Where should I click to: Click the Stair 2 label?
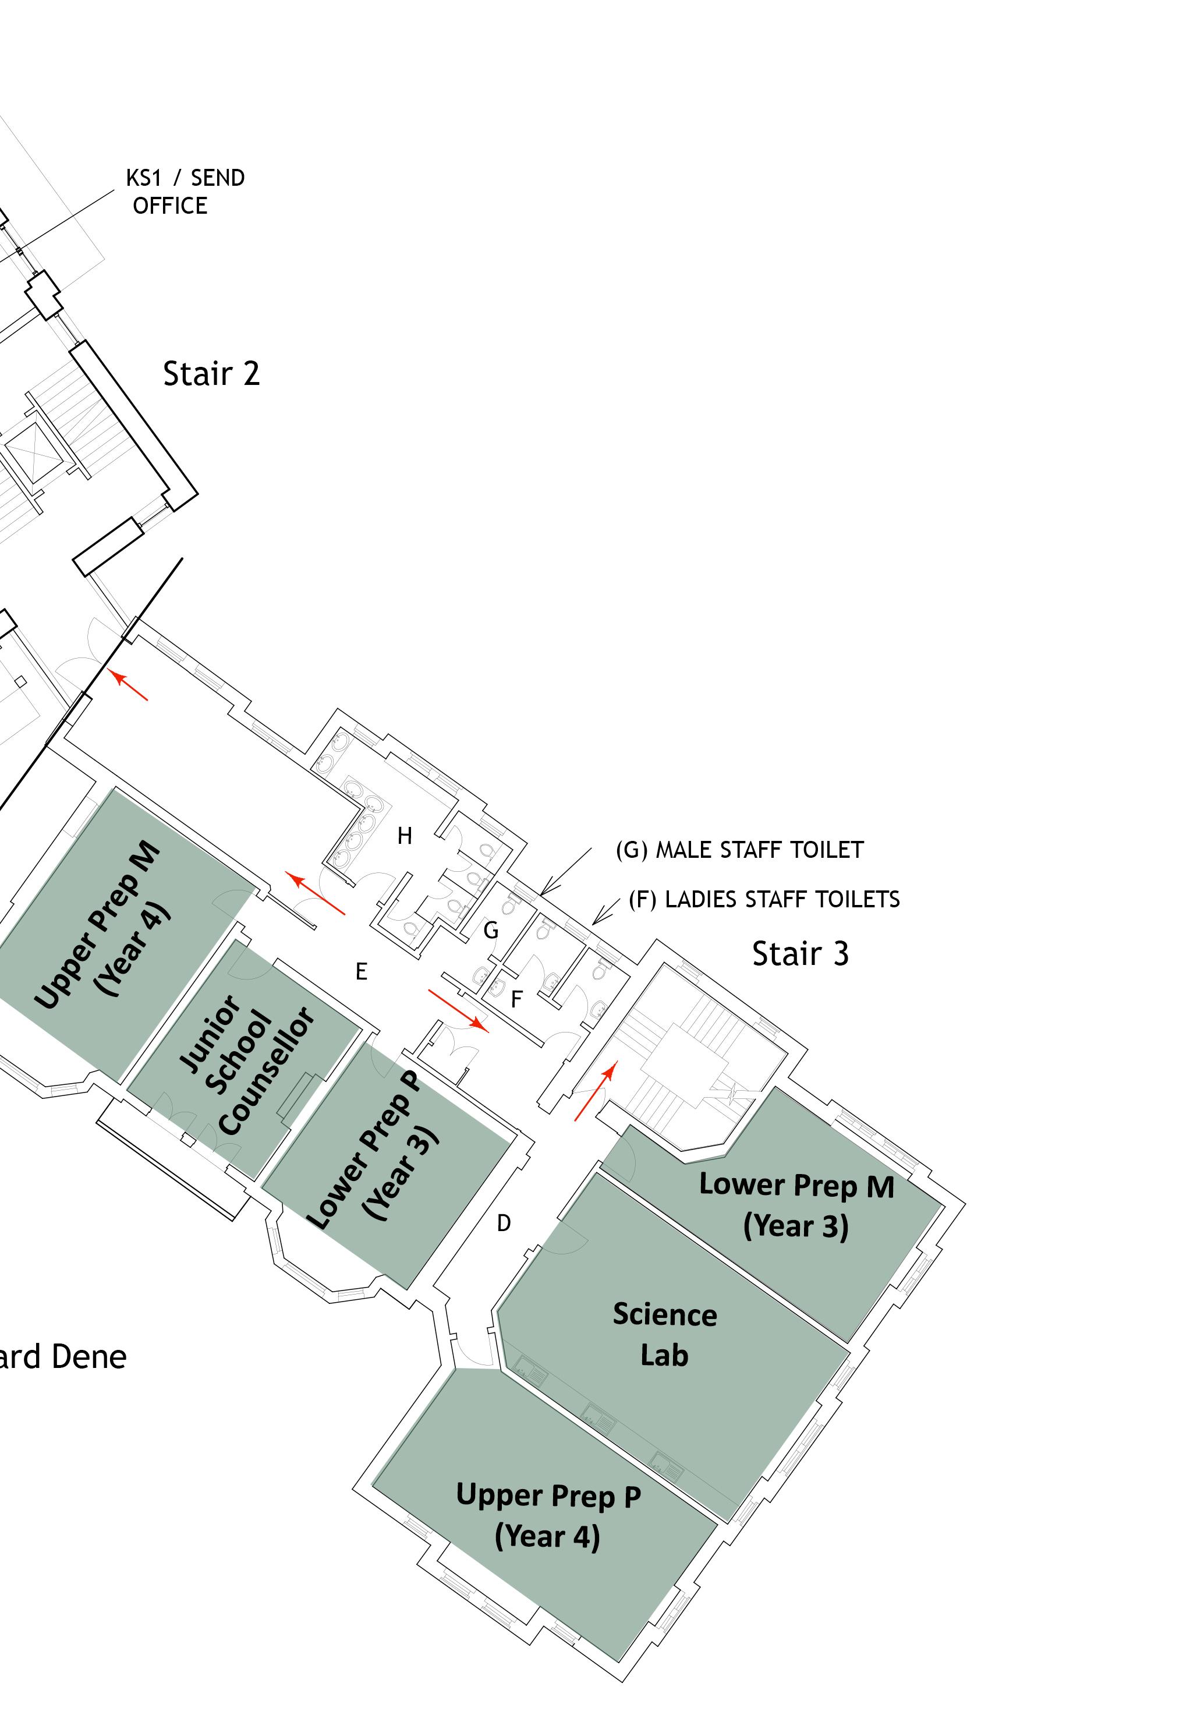pyautogui.click(x=211, y=373)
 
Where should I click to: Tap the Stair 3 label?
pyautogui.click(x=800, y=954)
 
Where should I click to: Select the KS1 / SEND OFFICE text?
pyautogui.click(x=185, y=192)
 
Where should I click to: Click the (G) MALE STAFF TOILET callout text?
pyautogui.click(x=739, y=850)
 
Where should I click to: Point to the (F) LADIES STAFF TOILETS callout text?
pyautogui.click(x=764, y=899)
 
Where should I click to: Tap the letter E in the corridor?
pyautogui.click(x=362, y=972)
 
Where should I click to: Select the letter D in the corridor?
pyautogui.click(x=504, y=1224)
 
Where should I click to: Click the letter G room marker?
pyautogui.click(x=491, y=931)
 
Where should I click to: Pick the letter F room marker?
pyautogui.click(x=516, y=999)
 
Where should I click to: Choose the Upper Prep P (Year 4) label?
pyautogui.click(x=548, y=1516)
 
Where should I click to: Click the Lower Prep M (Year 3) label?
pyautogui.click(x=796, y=1205)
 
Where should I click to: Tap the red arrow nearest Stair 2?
pyautogui.click(x=129, y=686)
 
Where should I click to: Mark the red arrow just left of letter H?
pyautogui.click(x=317, y=893)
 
